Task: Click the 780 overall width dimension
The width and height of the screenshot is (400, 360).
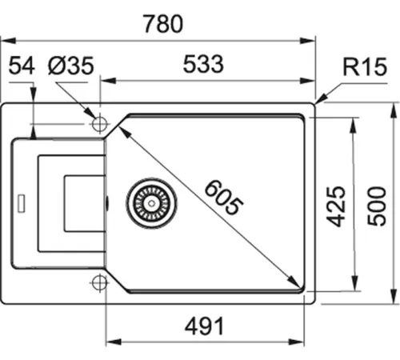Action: [163, 24]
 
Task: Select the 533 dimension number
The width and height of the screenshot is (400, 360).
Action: [203, 64]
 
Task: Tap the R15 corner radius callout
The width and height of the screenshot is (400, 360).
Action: [365, 66]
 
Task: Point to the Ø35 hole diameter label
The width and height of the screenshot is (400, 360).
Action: [71, 66]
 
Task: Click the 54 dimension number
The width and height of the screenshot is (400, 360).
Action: [22, 66]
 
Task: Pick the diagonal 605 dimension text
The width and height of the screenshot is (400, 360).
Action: [223, 197]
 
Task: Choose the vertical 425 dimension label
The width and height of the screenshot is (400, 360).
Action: [336, 206]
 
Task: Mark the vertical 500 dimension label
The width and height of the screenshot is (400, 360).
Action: [377, 206]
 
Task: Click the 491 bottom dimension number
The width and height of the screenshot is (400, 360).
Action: [204, 326]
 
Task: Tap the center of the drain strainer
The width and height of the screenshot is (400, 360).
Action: [151, 203]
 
